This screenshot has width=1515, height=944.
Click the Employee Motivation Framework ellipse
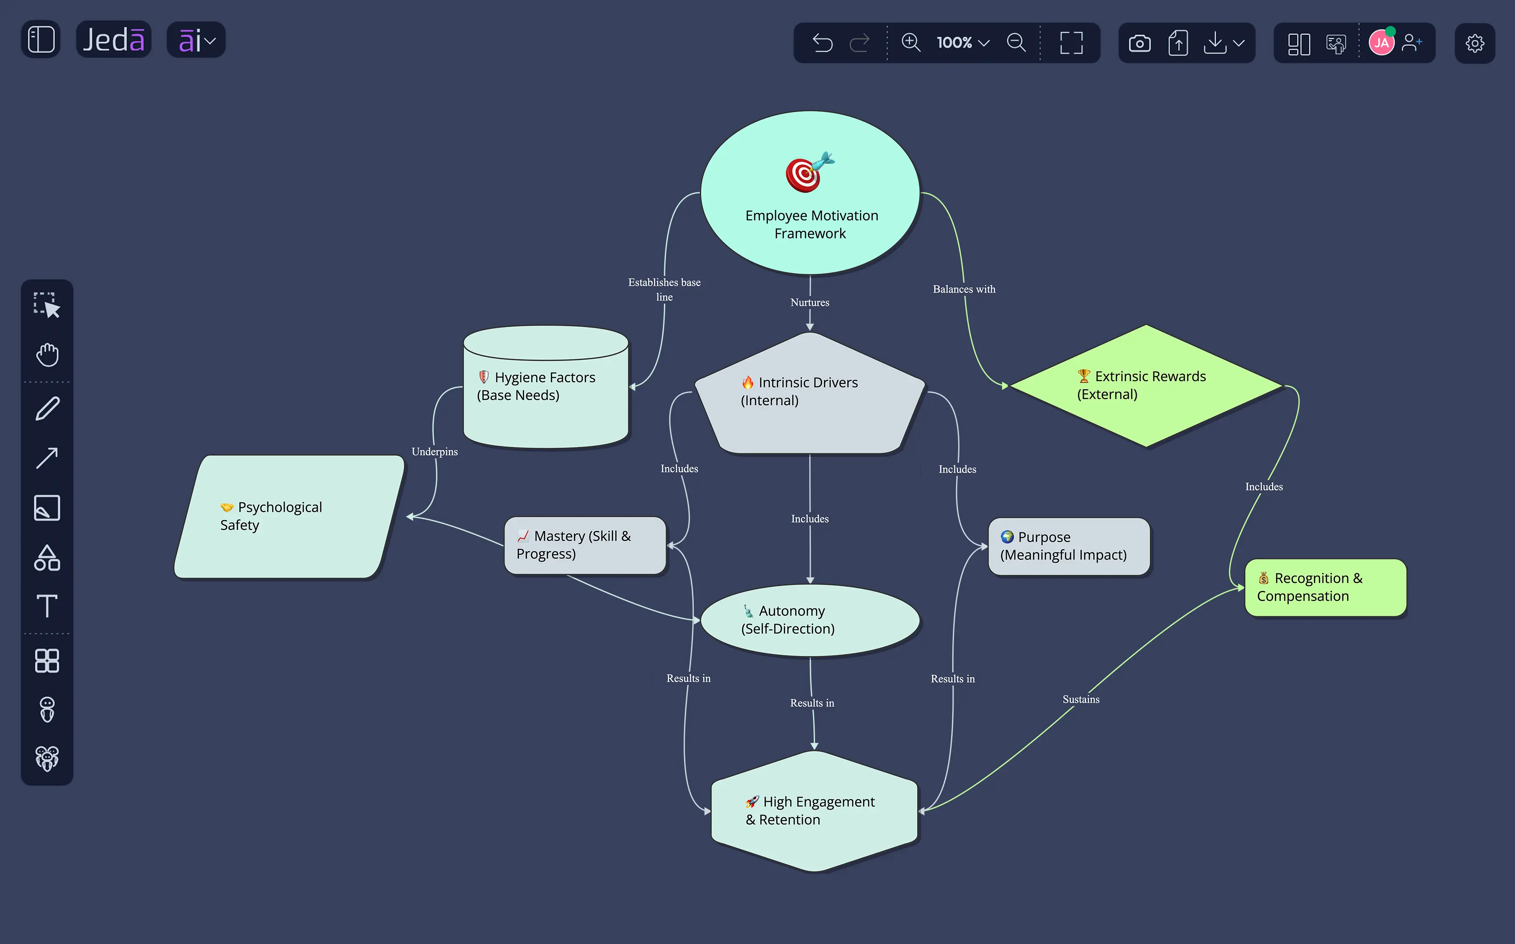(810, 192)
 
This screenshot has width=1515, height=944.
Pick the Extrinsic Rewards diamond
(1146, 386)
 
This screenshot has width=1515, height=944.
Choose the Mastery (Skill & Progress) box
(585, 545)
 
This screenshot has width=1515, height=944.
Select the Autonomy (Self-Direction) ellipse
(810, 620)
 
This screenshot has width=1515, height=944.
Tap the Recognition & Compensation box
(1325, 587)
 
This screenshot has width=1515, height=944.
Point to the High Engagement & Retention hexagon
(814, 810)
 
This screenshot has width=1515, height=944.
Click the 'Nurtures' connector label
(810, 302)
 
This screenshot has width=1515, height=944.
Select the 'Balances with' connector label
(964, 289)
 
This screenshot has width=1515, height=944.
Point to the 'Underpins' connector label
(435, 451)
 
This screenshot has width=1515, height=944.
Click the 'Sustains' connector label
(1080, 699)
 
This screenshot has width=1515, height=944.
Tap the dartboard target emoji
(810, 172)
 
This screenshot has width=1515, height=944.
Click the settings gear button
(1474, 43)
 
